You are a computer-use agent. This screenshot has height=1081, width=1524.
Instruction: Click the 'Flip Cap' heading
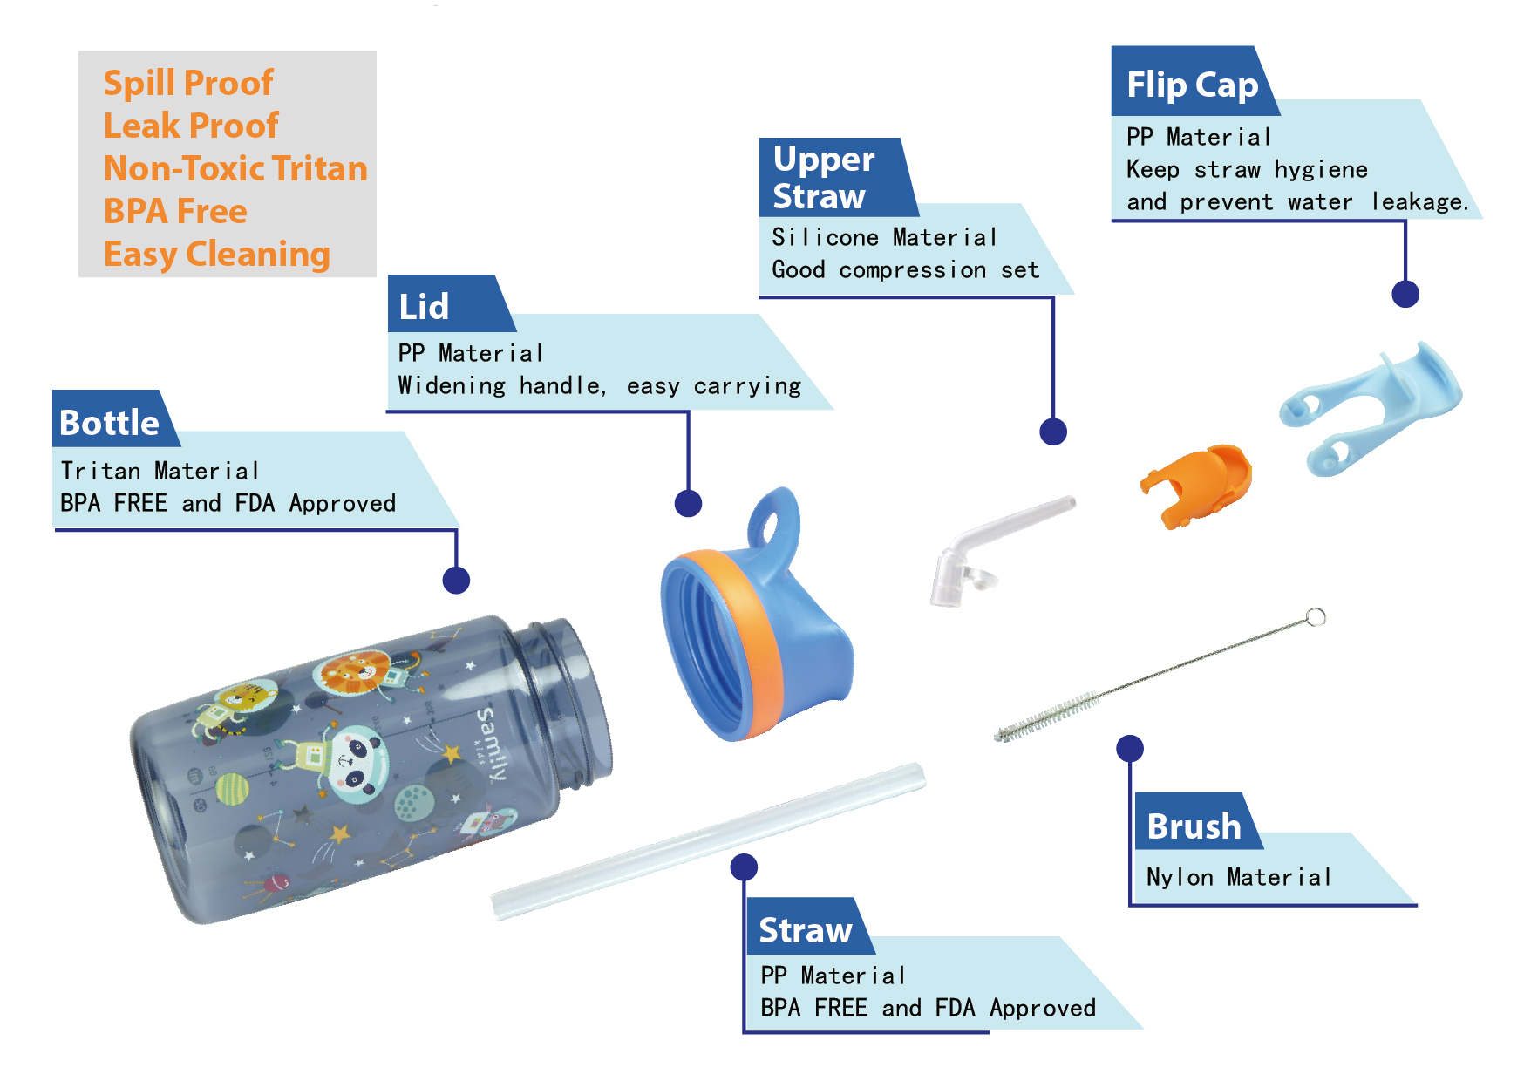1192,85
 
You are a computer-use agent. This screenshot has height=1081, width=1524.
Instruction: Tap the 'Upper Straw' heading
823,177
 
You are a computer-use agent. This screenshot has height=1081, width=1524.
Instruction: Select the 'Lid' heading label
424,306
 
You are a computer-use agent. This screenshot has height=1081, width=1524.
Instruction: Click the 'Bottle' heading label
110,422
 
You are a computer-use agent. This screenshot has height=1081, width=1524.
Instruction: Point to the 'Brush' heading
1194,826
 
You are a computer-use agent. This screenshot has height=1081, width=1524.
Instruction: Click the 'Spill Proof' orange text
188,83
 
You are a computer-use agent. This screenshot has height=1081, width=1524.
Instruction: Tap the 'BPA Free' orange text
175,211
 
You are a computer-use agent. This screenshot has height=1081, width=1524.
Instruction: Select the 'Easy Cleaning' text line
216,254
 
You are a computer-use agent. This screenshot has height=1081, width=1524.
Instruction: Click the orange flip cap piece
1199,484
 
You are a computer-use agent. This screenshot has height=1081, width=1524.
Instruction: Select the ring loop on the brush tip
1316,617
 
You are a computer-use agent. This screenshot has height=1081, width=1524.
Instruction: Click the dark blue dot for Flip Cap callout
1405,294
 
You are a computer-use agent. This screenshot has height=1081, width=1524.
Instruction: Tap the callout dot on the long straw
743,867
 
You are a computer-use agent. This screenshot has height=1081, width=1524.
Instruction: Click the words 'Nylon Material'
1238,877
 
